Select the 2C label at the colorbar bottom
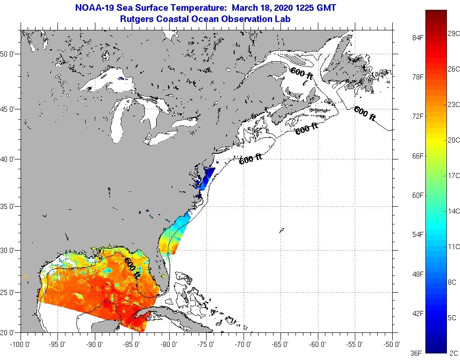[453, 352]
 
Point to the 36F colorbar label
[415, 352]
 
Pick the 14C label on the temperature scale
[453, 211]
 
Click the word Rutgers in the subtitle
[137, 19]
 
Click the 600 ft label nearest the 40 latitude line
[251, 159]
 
